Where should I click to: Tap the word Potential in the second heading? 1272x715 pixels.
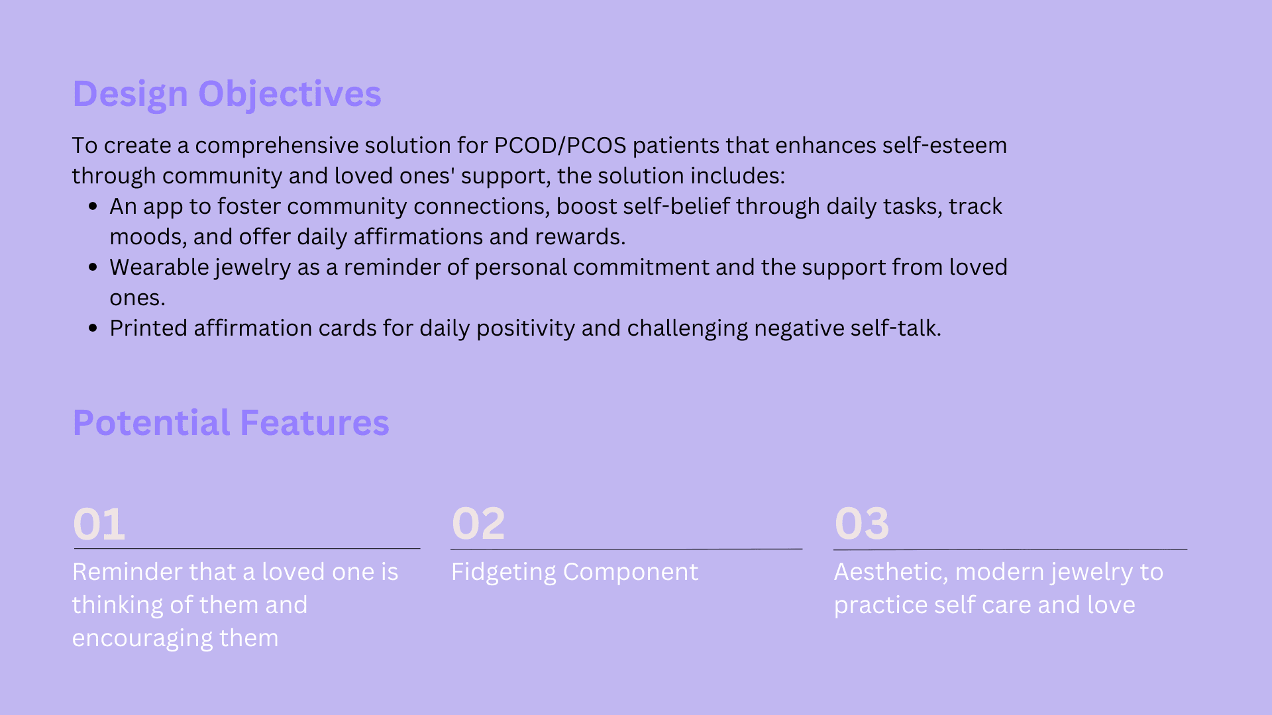pyautogui.click(x=152, y=423)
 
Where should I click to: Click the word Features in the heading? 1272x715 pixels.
pyautogui.click(x=315, y=423)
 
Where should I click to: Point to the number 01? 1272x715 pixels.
pyautogui.click(x=99, y=524)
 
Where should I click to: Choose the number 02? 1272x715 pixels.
pyautogui.click(x=478, y=524)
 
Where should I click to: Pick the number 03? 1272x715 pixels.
pyautogui.click(x=861, y=524)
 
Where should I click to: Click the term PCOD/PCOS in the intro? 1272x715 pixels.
pyautogui.click(x=560, y=145)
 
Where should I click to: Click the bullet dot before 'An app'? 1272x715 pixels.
pyautogui.click(x=93, y=207)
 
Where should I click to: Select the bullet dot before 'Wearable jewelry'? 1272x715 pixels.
pyautogui.click(x=93, y=267)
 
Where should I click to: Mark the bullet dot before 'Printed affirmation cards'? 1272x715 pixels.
pyautogui.click(x=93, y=328)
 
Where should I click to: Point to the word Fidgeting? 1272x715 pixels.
pyautogui.click(x=503, y=573)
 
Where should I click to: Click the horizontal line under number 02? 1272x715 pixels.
pyautogui.click(x=626, y=549)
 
